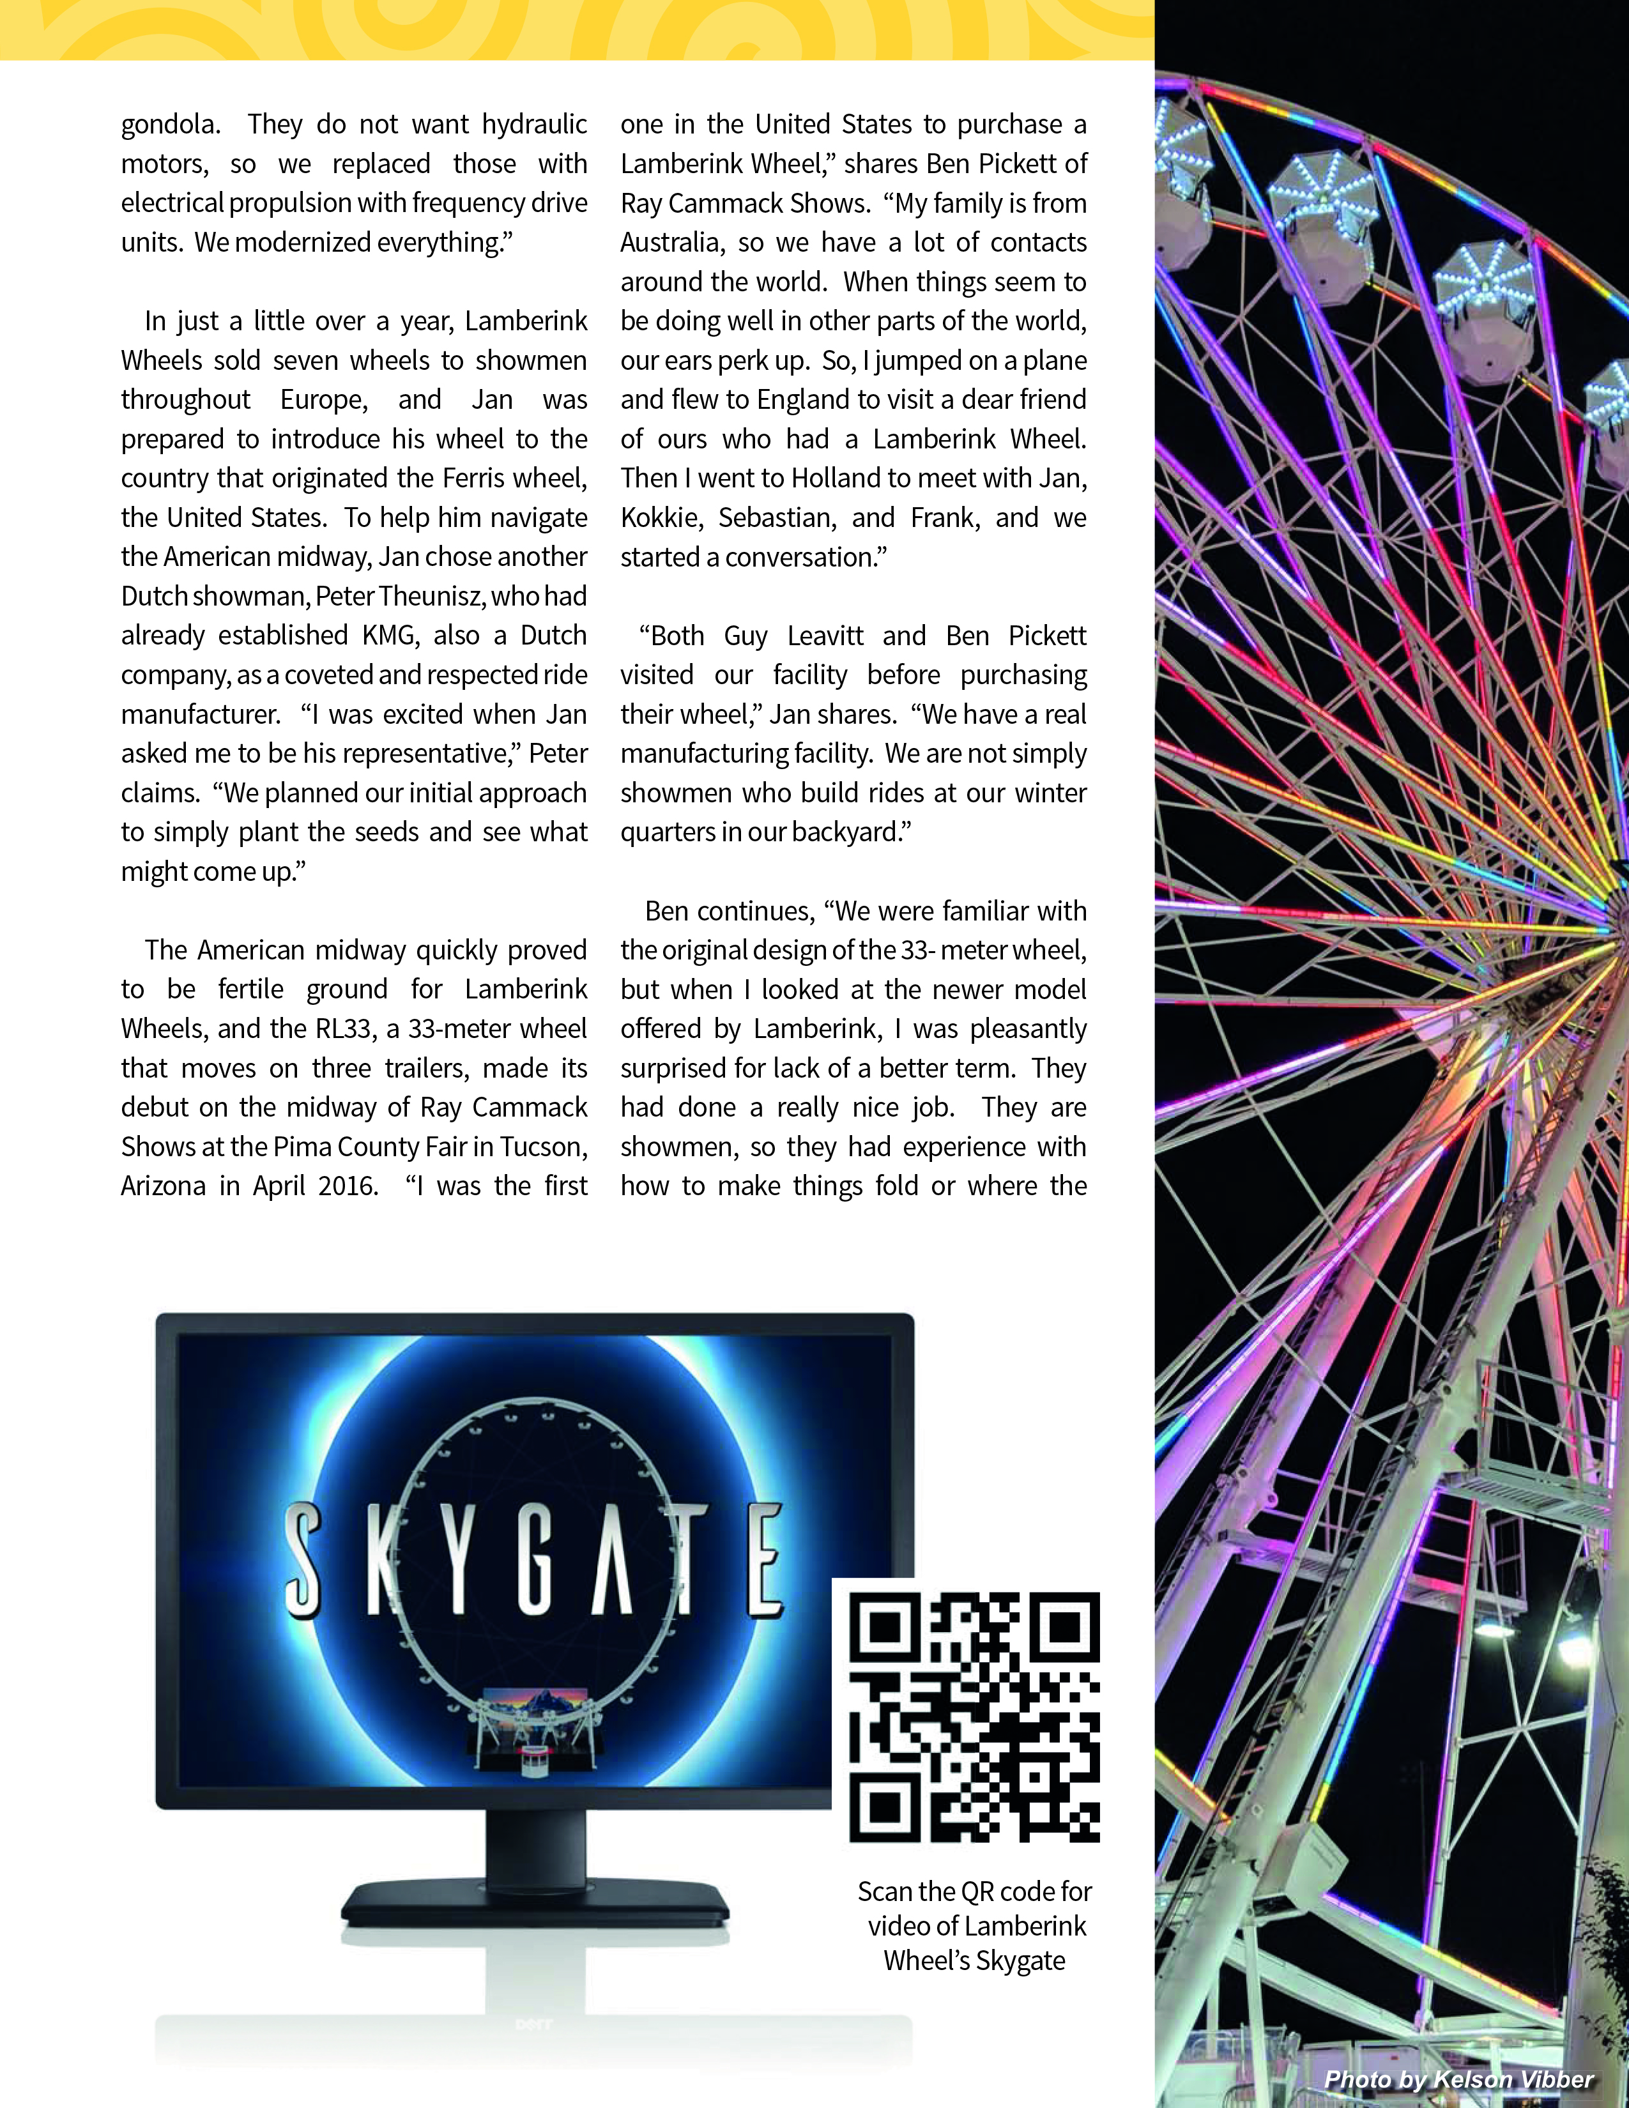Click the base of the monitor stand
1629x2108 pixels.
pos(535,1902)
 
